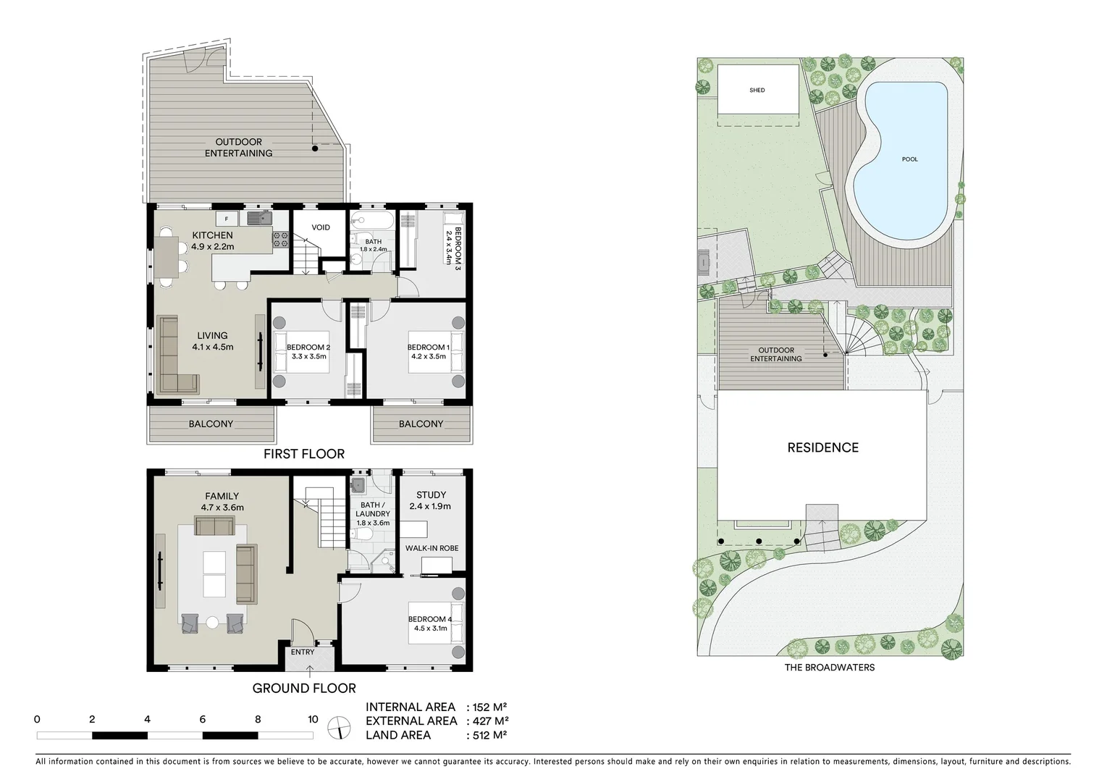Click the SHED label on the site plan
tap(757, 91)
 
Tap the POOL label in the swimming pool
tap(909, 159)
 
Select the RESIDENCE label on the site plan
tap(822, 447)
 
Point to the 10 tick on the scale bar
tap(313, 720)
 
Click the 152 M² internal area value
tap(490, 707)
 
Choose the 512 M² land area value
tap(489, 735)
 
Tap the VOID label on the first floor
tap(320, 227)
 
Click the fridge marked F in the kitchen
tap(227, 219)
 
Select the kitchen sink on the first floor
tap(257, 218)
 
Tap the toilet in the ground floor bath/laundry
tap(362, 534)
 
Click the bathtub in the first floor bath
tap(372, 220)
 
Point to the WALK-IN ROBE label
tap(432, 548)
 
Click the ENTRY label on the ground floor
tap(303, 652)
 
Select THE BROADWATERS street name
tap(829, 668)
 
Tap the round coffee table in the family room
tap(212, 622)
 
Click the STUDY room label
tap(431, 495)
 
